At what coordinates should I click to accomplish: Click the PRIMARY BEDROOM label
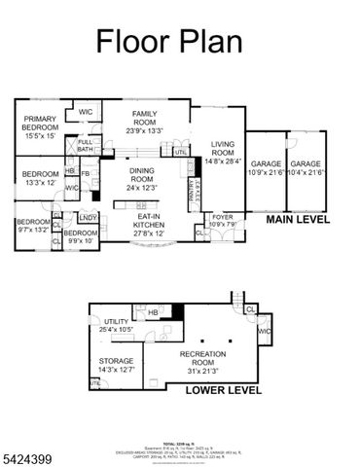point(41,126)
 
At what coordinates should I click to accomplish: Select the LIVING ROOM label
point(223,148)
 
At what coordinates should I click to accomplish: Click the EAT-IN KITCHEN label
point(148,223)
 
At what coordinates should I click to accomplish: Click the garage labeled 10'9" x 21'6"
point(265,167)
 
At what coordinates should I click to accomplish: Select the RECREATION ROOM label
point(209,359)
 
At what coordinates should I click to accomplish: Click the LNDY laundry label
point(88,217)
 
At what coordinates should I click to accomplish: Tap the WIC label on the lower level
point(263,332)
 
